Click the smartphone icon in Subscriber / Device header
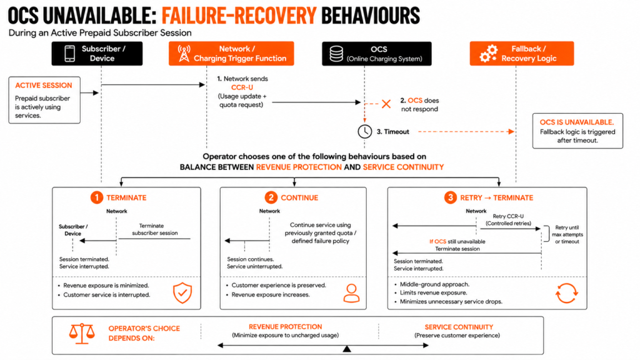(70, 54)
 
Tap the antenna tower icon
(184, 54)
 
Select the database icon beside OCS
(336, 54)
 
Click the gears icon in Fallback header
(489, 54)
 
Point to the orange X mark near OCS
(386, 104)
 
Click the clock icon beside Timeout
(365, 131)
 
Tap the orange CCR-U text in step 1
(242, 87)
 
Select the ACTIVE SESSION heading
(44, 85)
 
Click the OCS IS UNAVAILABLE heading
(577, 122)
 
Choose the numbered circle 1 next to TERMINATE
(97, 197)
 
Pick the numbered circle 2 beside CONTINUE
(271, 197)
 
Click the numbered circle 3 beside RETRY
(450, 197)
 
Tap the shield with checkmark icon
(182, 292)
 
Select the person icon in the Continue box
(351, 293)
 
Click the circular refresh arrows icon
(566, 293)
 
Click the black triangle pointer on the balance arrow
(347, 349)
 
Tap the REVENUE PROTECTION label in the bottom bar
(285, 327)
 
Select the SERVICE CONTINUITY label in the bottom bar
(459, 327)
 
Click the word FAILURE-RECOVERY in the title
(239, 16)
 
